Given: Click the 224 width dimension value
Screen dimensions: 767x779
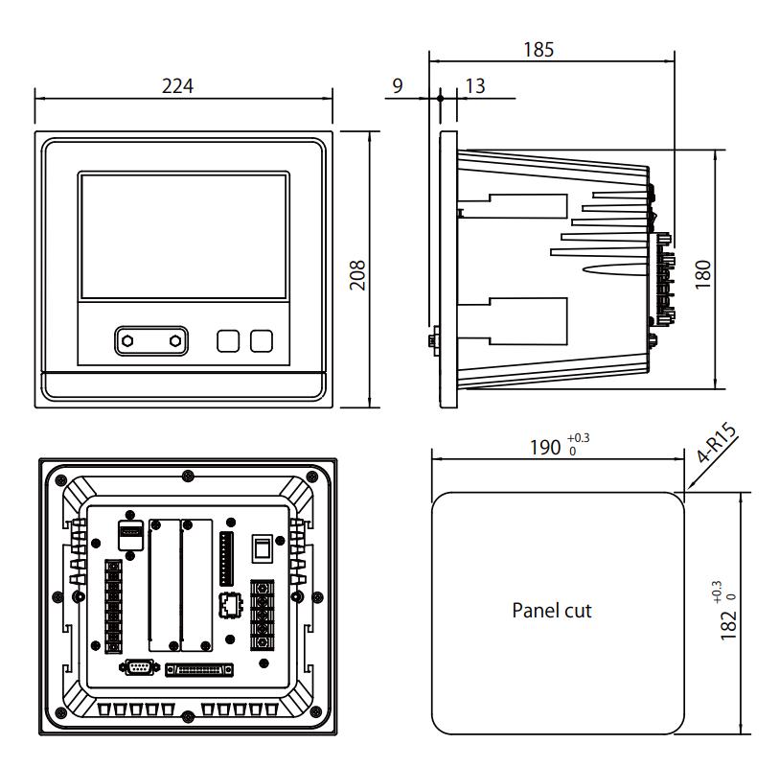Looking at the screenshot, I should [177, 86].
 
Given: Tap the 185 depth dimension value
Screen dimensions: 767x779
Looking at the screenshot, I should [540, 50].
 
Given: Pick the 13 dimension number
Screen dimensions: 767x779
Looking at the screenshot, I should [474, 86].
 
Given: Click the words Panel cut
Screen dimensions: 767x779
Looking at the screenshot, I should [552, 610].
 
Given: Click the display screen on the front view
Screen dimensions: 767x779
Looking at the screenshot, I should [183, 236].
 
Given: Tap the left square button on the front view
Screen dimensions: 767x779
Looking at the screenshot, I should [228, 340].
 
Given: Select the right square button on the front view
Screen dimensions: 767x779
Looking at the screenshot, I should [262, 340].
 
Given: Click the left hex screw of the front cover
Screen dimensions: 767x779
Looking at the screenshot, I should [128, 340].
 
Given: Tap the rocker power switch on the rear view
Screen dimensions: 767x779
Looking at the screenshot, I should [258, 548].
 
